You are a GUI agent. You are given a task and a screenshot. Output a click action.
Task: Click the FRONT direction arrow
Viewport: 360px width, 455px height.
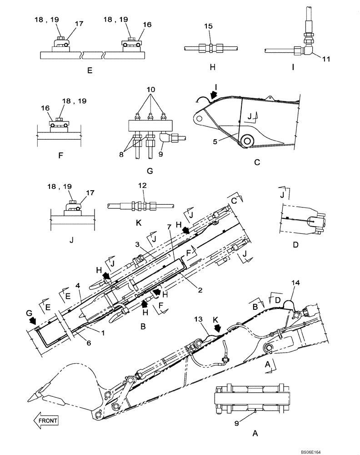click(x=46, y=420)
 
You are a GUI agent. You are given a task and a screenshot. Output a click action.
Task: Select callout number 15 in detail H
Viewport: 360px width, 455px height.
click(x=208, y=27)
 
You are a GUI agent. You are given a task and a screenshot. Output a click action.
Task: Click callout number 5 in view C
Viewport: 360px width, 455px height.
click(x=215, y=141)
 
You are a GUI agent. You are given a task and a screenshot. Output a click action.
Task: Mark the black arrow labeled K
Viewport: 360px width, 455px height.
click(x=219, y=328)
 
